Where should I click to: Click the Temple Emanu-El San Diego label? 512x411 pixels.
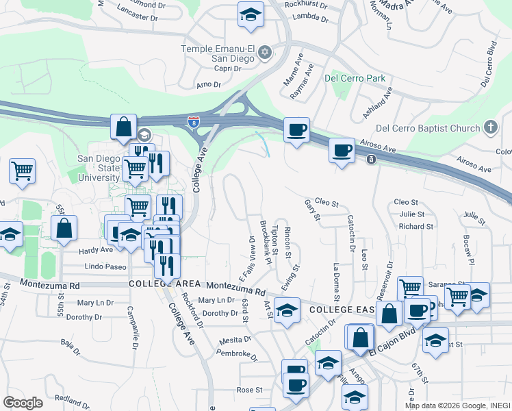217,53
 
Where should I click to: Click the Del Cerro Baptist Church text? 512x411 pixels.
428,128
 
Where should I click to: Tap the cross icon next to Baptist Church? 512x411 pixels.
490,127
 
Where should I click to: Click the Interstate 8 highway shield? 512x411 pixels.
194,123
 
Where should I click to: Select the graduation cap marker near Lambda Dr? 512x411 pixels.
251,14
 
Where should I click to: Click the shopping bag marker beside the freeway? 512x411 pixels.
124,127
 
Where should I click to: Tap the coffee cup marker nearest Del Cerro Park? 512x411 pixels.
296,130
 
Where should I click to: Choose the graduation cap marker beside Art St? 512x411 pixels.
287,310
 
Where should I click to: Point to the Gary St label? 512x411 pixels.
312,210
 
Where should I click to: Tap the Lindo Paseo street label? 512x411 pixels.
105,266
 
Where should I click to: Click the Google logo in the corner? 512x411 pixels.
23,402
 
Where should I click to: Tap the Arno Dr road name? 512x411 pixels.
209,85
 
